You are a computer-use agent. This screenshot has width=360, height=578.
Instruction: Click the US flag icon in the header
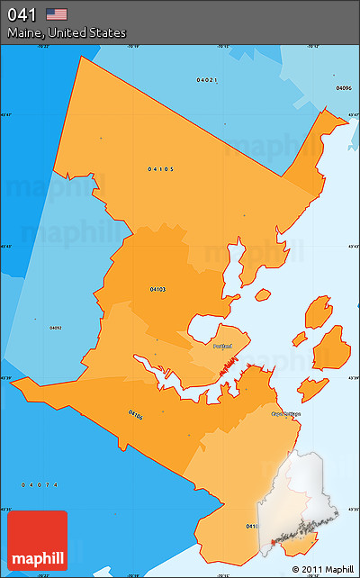tap(57, 14)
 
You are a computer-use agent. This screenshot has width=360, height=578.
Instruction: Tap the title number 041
tap(22, 14)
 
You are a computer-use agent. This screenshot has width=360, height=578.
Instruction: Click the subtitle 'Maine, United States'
tap(67, 33)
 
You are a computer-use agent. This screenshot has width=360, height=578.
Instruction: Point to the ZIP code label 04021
tap(207, 80)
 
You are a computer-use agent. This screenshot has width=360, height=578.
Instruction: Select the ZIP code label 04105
tap(161, 168)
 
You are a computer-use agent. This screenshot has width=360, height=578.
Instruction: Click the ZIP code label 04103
tap(157, 289)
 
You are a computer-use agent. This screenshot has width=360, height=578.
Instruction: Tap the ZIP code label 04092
tap(56, 328)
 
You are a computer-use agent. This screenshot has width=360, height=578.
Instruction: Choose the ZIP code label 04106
tap(136, 415)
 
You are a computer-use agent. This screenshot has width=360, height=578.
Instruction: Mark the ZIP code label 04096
tap(343, 87)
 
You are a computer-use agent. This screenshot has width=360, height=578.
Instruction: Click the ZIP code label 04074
tap(40, 485)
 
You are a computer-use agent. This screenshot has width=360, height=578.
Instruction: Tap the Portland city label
tap(222, 346)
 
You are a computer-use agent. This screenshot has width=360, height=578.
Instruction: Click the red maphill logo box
tap(37, 540)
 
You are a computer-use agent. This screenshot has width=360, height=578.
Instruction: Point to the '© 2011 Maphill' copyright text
tap(323, 569)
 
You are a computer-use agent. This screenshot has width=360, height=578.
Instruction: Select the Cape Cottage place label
tap(286, 413)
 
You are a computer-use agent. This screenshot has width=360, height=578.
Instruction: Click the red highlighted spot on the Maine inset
tap(274, 543)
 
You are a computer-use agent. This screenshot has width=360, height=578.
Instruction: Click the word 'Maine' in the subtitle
tap(23, 33)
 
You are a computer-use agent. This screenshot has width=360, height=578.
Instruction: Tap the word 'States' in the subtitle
tap(109, 33)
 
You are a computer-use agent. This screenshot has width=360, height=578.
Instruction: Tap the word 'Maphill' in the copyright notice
tap(338, 569)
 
